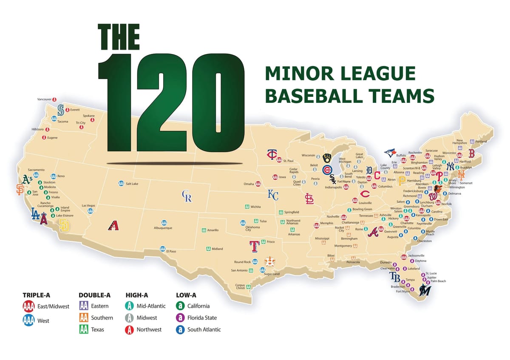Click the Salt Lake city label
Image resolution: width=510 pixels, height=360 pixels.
click(x=132, y=184)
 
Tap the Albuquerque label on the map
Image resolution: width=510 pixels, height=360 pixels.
click(x=163, y=228)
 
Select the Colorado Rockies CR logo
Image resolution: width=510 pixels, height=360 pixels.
click(x=187, y=196)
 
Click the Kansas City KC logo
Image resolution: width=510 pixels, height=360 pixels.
click(x=273, y=195)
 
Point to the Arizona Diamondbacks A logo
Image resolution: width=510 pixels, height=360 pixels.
click(x=113, y=225)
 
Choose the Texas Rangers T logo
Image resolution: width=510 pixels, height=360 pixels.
click(x=254, y=246)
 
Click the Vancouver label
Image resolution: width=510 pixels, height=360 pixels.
click(x=45, y=99)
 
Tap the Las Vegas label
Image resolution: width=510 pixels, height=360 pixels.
click(x=88, y=206)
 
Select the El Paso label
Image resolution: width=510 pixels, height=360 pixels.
click(x=171, y=251)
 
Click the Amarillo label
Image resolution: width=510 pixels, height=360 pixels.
click(x=213, y=230)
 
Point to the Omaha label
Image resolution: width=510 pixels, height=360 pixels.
click(x=249, y=184)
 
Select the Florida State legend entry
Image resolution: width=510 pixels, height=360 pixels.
click(x=202, y=317)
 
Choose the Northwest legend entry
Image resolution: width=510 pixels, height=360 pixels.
click(x=149, y=329)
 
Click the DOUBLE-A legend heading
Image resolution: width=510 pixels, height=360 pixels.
click(x=94, y=295)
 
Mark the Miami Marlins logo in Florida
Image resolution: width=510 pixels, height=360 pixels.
click(x=424, y=291)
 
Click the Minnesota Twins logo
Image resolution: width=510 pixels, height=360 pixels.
click(x=272, y=155)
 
